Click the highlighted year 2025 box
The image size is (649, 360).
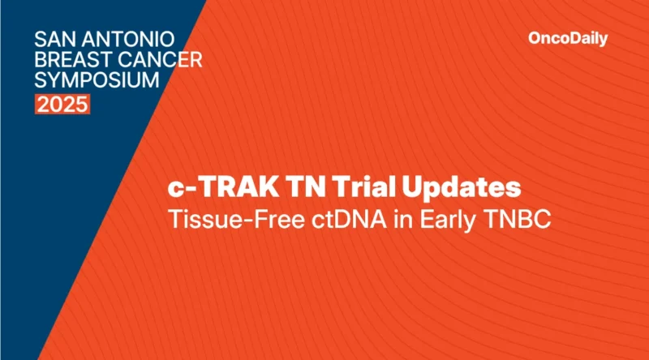(62, 105)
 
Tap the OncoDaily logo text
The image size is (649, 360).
(567, 38)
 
